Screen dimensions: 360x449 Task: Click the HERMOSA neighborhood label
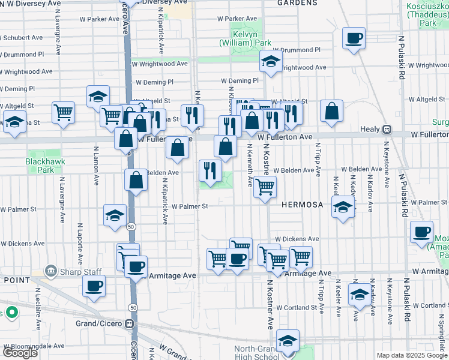click(303, 205)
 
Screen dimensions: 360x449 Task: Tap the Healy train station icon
click(388, 129)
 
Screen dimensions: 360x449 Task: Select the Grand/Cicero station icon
click(129, 323)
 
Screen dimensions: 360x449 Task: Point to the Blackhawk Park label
click(41, 166)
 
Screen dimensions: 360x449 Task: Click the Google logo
click(20, 353)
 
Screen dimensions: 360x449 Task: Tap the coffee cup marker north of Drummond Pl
click(354, 39)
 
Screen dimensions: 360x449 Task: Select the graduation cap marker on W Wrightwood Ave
click(271, 61)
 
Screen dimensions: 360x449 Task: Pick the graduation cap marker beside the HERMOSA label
click(343, 208)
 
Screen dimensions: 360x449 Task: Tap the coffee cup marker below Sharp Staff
click(94, 286)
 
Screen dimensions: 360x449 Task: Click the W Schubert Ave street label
click(20, 37)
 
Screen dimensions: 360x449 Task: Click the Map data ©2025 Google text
click(412, 355)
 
